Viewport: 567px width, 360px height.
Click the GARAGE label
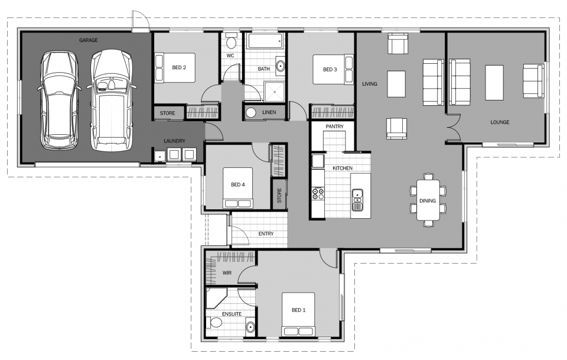[x=89, y=40]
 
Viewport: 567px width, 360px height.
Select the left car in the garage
[x=58, y=100]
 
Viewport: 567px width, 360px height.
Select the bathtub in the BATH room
[x=265, y=41]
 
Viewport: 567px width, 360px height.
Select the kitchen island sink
[x=357, y=200]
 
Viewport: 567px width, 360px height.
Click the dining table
[x=427, y=199]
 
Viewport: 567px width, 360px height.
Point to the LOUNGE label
[x=499, y=122]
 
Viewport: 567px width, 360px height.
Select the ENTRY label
[x=266, y=233]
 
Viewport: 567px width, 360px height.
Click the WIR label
[x=227, y=273]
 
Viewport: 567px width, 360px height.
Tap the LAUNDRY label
[x=175, y=141]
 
